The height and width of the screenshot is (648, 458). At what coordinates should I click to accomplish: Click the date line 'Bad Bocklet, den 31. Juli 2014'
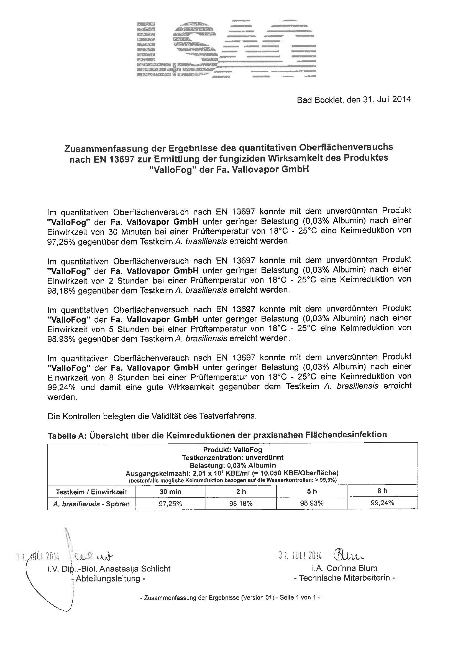coord(354,100)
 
